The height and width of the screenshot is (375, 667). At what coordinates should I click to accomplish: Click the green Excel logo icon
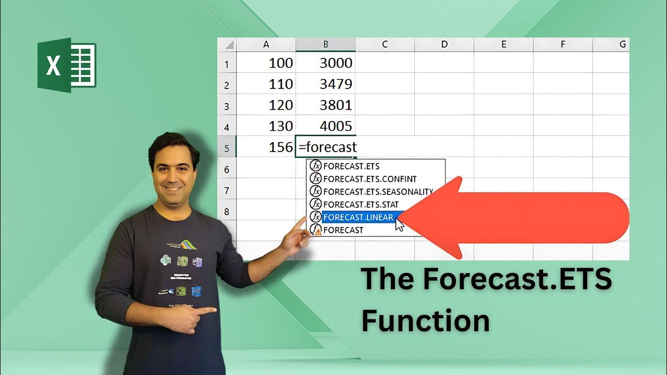click(x=67, y=65)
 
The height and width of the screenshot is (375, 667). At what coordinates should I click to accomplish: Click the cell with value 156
click(x=266, y=147)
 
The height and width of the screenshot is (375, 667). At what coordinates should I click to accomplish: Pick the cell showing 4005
click(x=326, y=126)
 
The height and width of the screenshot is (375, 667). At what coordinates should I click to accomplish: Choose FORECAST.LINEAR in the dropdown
click(x=358, y=217)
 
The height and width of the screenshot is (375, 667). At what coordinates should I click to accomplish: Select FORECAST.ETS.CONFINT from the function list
click(x=369, y=179)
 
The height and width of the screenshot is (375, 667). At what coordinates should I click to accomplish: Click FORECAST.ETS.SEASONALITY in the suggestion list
click(x=378, y=192)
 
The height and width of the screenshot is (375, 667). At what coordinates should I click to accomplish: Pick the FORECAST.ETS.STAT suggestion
click(x=361, y=204)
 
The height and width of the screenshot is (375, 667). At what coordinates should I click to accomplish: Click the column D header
click(x=444, y=45)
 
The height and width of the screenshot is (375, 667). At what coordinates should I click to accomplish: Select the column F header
click(x=563, y=45)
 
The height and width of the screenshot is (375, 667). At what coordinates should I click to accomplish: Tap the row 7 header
click(x=227, y=190)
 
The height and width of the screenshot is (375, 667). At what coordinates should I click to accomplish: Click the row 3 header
click(x=227, y=106)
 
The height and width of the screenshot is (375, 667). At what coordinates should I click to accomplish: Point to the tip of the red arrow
click(x=400, y=218)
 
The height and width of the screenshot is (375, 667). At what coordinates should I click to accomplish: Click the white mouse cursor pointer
click(x=399, y=224)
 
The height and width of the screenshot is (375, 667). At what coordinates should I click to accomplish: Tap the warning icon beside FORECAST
click(x=318, y=232)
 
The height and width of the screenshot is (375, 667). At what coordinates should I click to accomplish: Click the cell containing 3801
click(x=326, y=105)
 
